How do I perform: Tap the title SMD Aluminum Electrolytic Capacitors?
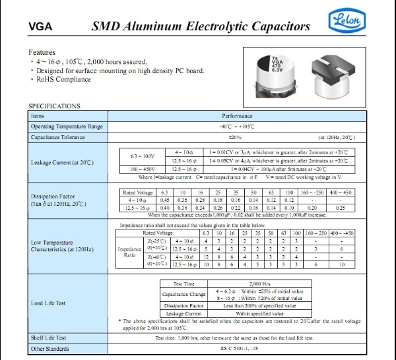[200, 27]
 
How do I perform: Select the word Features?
[42, 52]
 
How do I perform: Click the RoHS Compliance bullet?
[63, 79]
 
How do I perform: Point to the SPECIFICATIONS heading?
[55, 105]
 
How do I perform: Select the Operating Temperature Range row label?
[67, 126]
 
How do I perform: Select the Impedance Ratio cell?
[129, 254]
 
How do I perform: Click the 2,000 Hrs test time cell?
[260, 282]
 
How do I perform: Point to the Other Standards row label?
[50, 348]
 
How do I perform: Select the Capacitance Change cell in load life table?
[185, 294]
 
